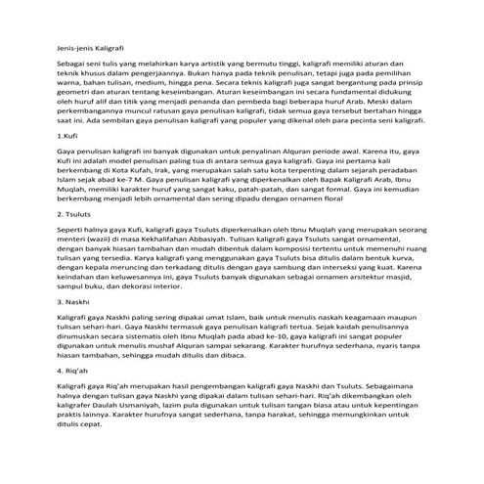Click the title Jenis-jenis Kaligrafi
[89, 46]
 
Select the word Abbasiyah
[220, 239]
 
